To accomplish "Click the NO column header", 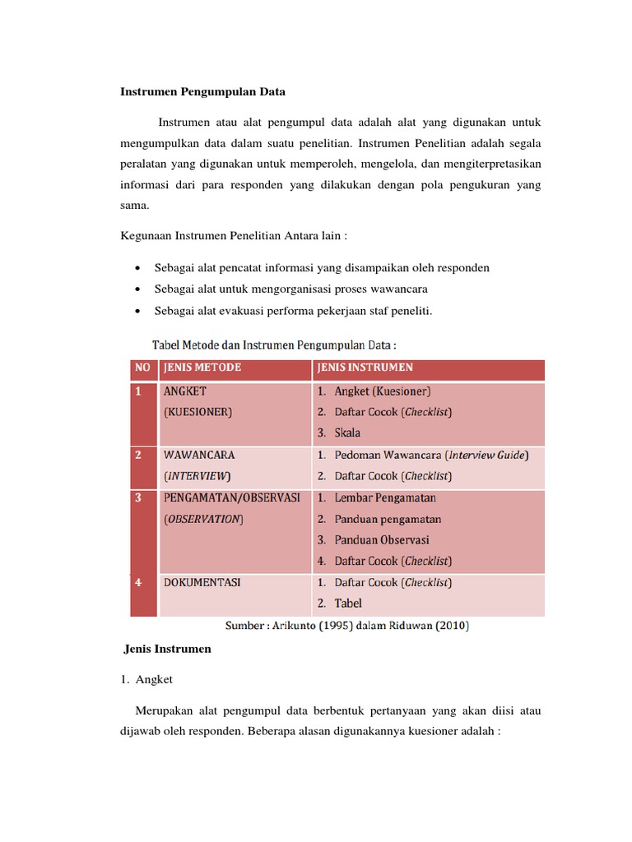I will [143, 368].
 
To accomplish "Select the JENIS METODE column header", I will [202, 368].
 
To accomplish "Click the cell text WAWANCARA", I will [199, 455].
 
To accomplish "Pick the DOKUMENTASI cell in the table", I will [202, 582].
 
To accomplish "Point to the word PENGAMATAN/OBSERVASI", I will [231, 497].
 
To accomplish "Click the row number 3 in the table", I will [139, 497].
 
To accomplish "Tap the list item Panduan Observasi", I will [381, 540].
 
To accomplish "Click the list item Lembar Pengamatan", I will [385, 497].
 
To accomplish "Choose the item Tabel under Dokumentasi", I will [348, 604].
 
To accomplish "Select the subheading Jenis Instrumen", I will [167, 649].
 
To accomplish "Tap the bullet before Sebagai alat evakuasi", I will [136, 311].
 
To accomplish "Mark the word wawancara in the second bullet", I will [400, 289].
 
